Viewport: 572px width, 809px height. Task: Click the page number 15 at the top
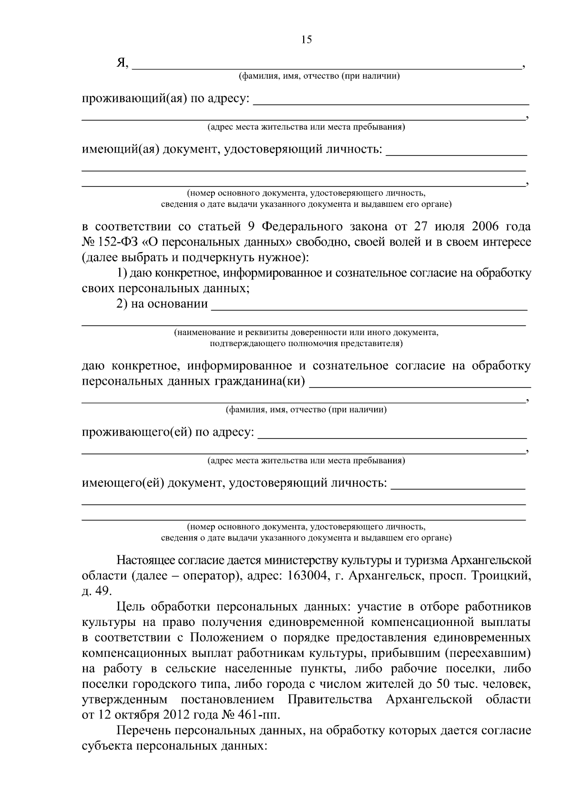[306, 40]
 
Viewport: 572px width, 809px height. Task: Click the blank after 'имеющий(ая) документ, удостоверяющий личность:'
[456, 152]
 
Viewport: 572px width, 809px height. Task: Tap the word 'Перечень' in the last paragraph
[144, 731]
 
